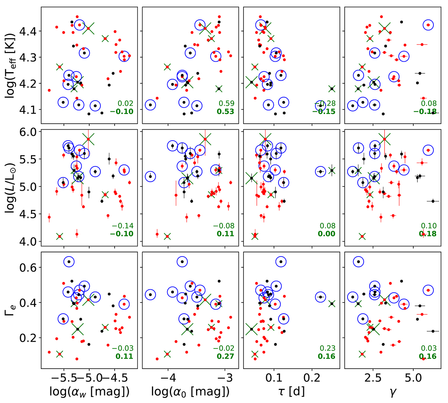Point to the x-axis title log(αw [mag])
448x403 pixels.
click(x=90, y=392)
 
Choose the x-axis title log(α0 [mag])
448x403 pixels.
click(x=190, y=392)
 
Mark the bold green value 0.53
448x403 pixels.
click(x=226, y=111)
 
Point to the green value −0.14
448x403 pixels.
click(x=122, y=226)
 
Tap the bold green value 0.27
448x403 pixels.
click(x=226, y=356)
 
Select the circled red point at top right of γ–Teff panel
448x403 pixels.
click(x=428, y=25)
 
